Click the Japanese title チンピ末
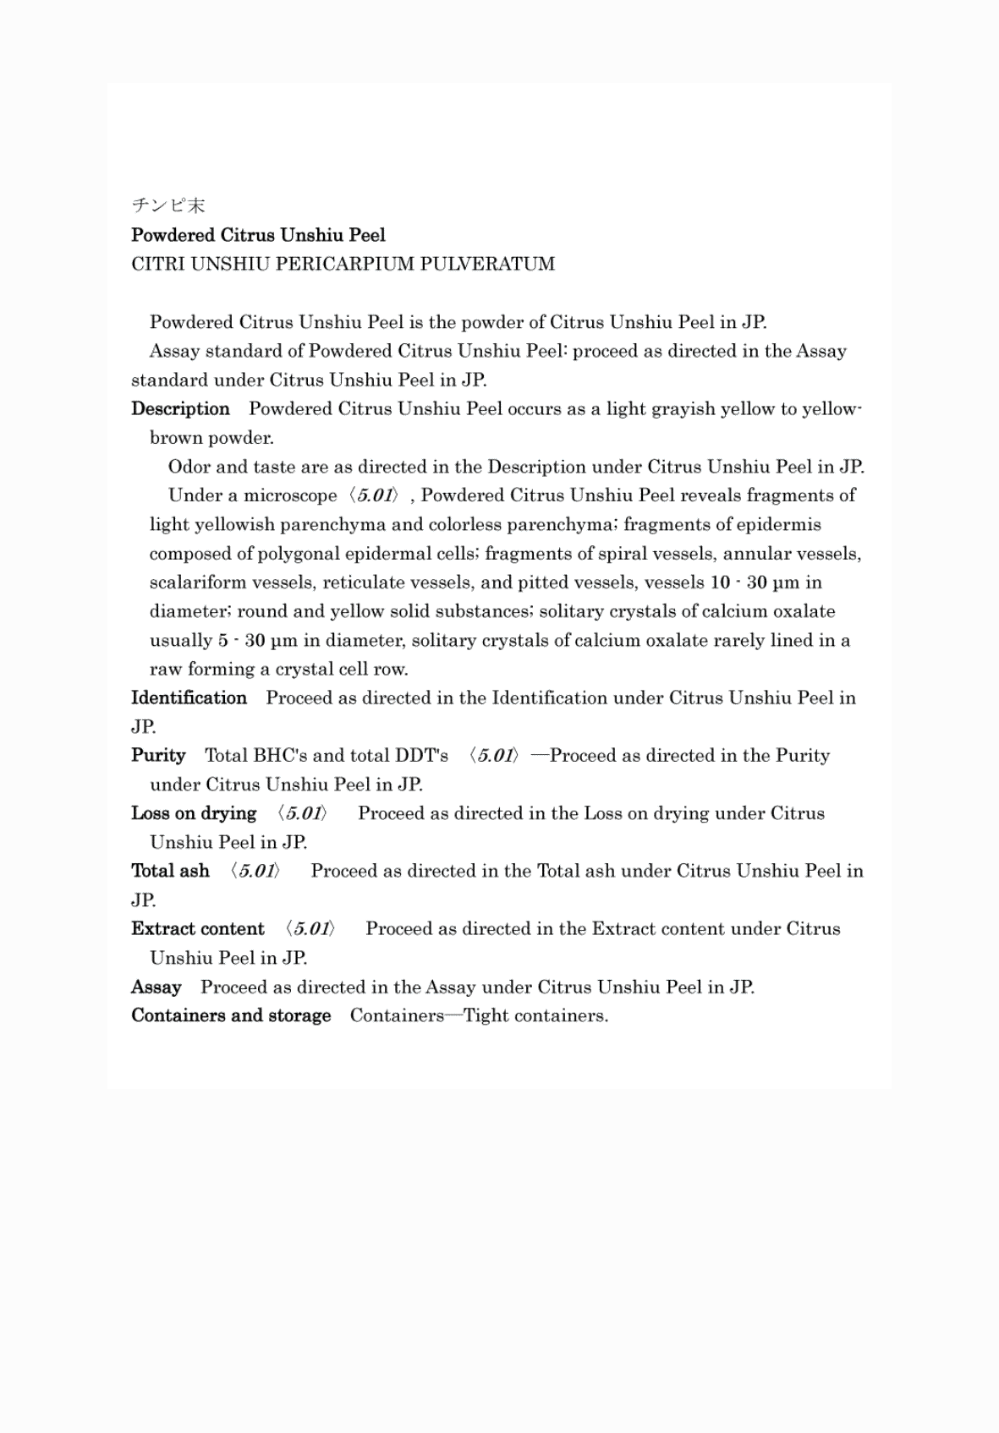168,205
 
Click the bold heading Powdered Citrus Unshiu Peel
258,235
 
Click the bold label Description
180,409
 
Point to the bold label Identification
189,698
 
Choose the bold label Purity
158,756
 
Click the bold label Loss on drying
194,813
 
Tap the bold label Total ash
170,871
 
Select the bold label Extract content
198,929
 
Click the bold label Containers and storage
231,1015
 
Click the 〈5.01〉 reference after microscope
373,495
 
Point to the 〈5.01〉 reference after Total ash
255,871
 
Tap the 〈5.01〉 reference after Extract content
310,929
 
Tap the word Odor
189,467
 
